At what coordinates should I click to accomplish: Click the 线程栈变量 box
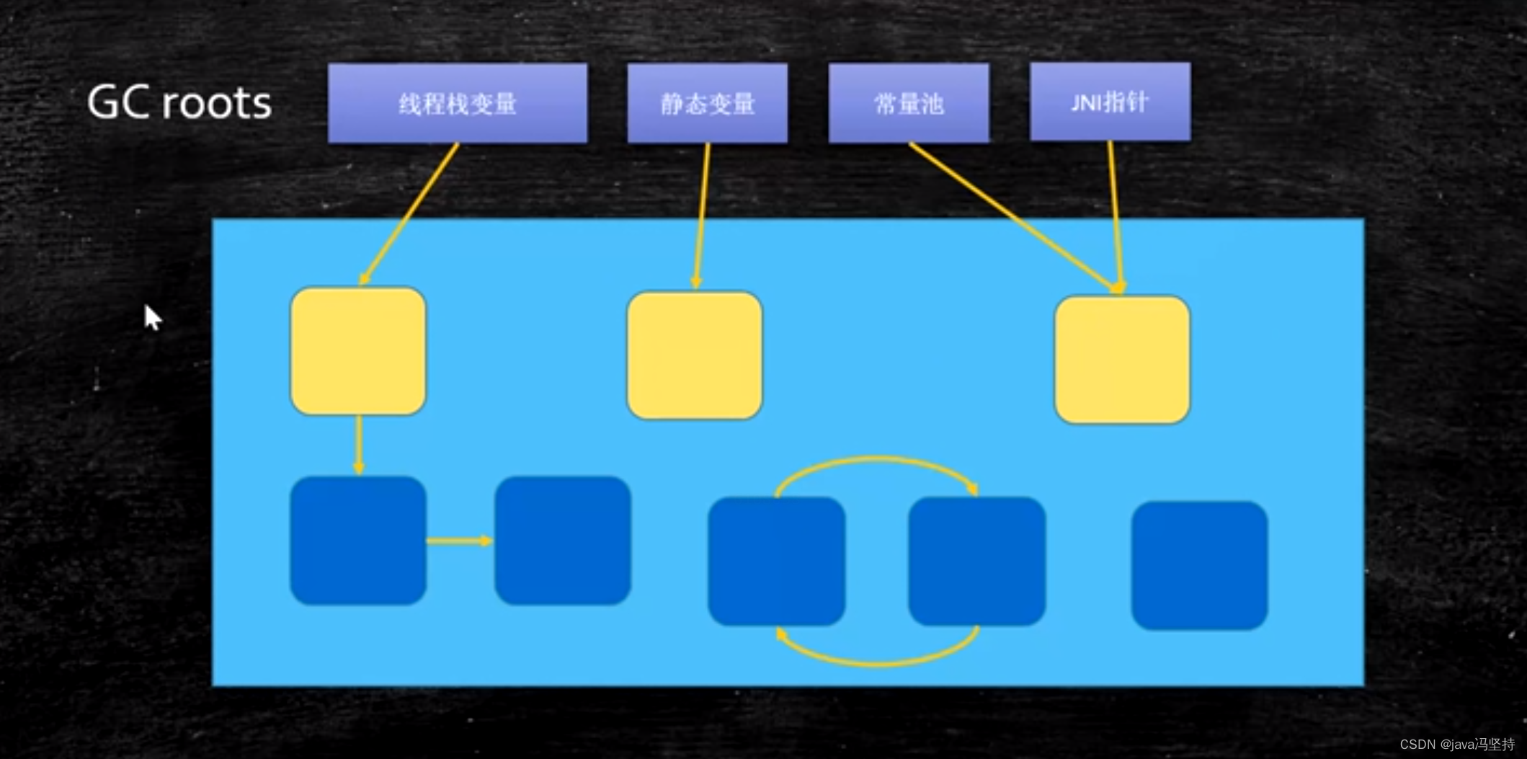point(458,103)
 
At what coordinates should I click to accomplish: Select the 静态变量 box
point(707,103)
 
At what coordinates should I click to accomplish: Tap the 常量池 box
point(909,103)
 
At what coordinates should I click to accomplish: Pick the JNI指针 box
point(1110,102)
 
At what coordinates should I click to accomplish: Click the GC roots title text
point(179,102)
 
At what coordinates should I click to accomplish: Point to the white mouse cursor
point(152,317)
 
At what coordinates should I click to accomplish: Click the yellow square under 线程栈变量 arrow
point(358,351)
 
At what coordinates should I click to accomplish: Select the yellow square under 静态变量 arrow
point(695,355)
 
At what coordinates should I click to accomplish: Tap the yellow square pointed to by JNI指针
point(1122,359)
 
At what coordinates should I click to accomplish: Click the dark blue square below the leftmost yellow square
point(358,540)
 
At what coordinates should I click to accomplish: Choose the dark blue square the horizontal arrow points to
point(563,540)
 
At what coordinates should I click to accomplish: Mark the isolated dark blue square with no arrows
point(1199,565)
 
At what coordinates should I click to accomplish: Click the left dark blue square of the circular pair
point(776,561)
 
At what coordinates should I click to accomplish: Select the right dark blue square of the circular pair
point(976,561)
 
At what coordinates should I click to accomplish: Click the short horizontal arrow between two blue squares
point(459,541)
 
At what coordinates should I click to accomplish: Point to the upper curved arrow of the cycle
point(877,459)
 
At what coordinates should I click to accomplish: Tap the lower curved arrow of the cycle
point(877,662)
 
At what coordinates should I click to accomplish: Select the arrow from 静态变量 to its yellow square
point(702,216)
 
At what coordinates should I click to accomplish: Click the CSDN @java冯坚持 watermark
point(1457,744)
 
